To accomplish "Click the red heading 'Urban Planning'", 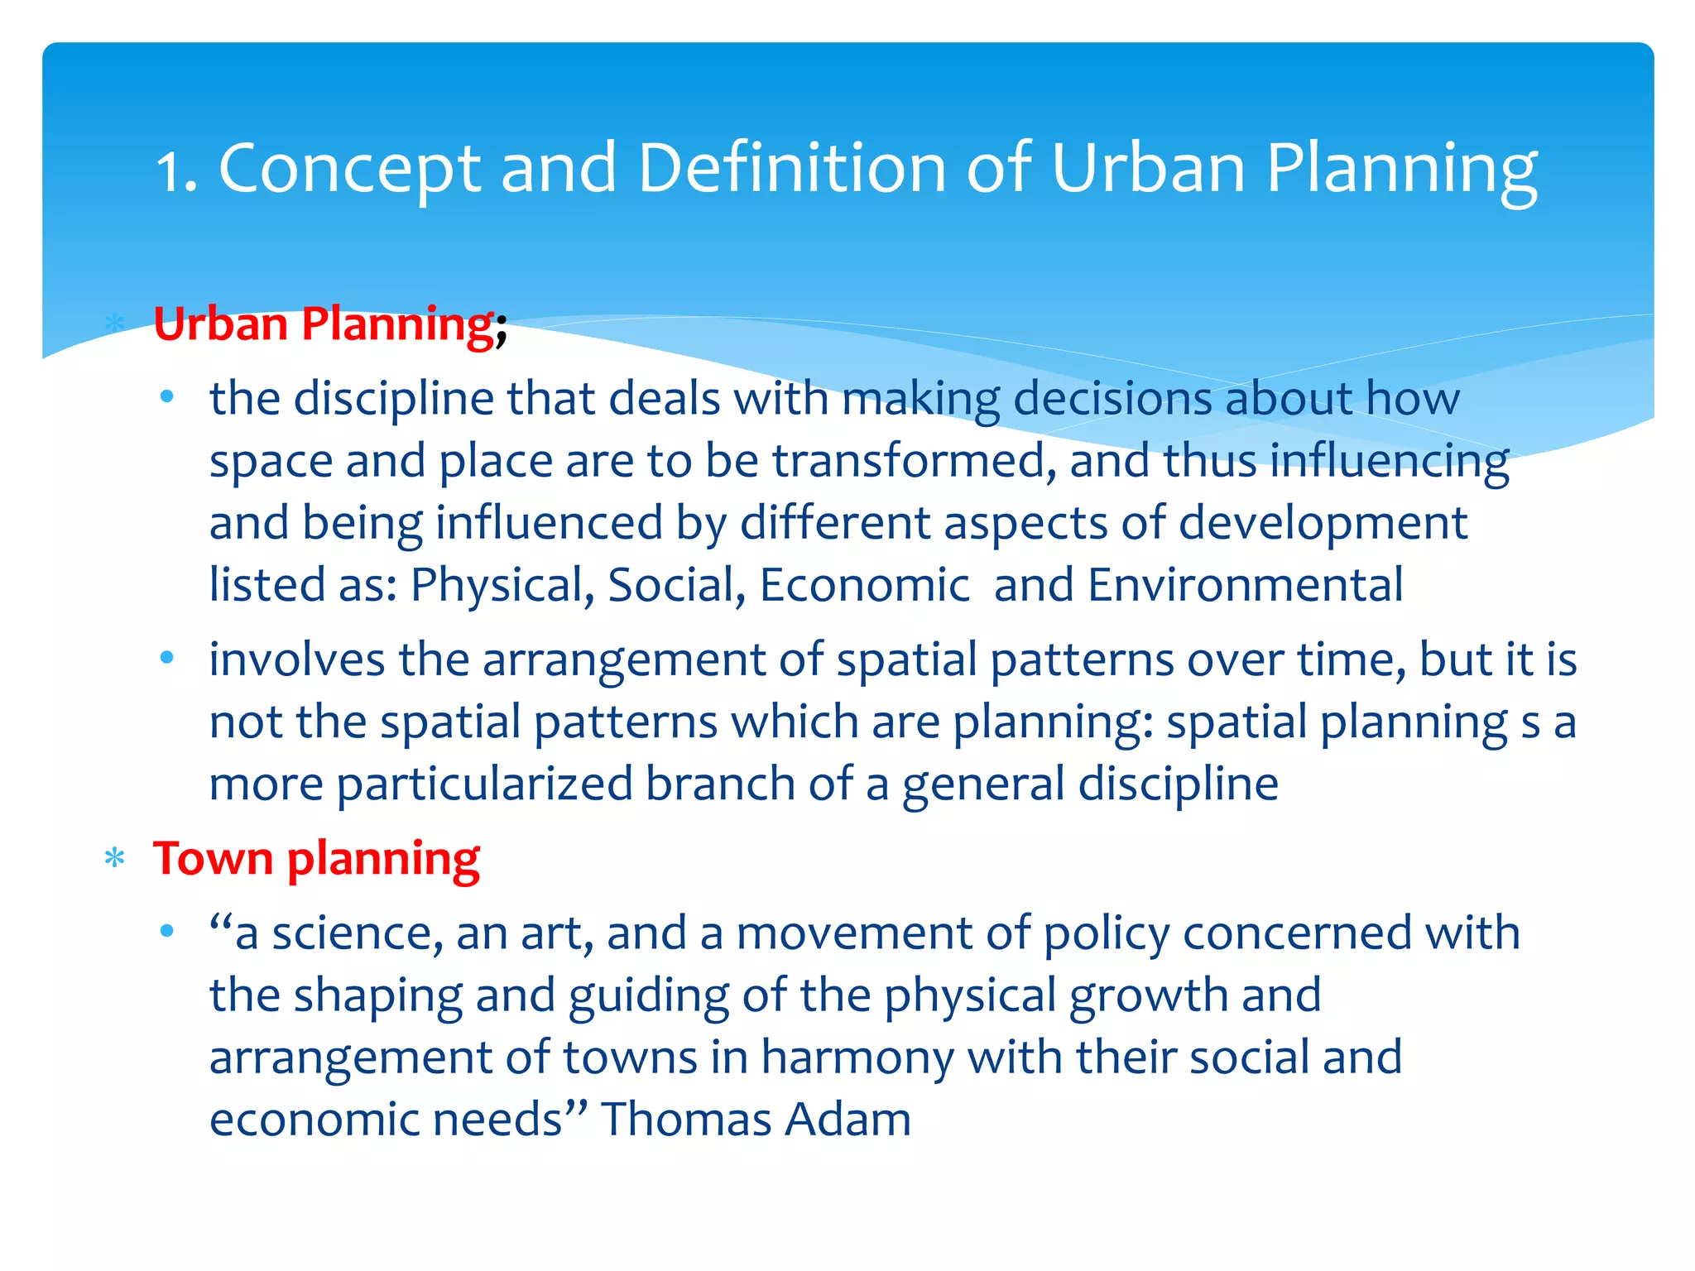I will pos(324,324).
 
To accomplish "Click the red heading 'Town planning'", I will pos(316,859).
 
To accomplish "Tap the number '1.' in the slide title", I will pos(176,170).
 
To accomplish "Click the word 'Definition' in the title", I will pos(792,169).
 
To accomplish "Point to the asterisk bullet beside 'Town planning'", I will pos(115,859).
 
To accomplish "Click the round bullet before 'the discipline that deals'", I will pos(167,398).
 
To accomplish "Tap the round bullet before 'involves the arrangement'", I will pos(167,659).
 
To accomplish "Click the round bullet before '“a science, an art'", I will pos(167,932).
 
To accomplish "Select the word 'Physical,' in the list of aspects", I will pos(502,586).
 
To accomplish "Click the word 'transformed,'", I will pos(914,461).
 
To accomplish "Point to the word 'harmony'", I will pos(857,1058).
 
